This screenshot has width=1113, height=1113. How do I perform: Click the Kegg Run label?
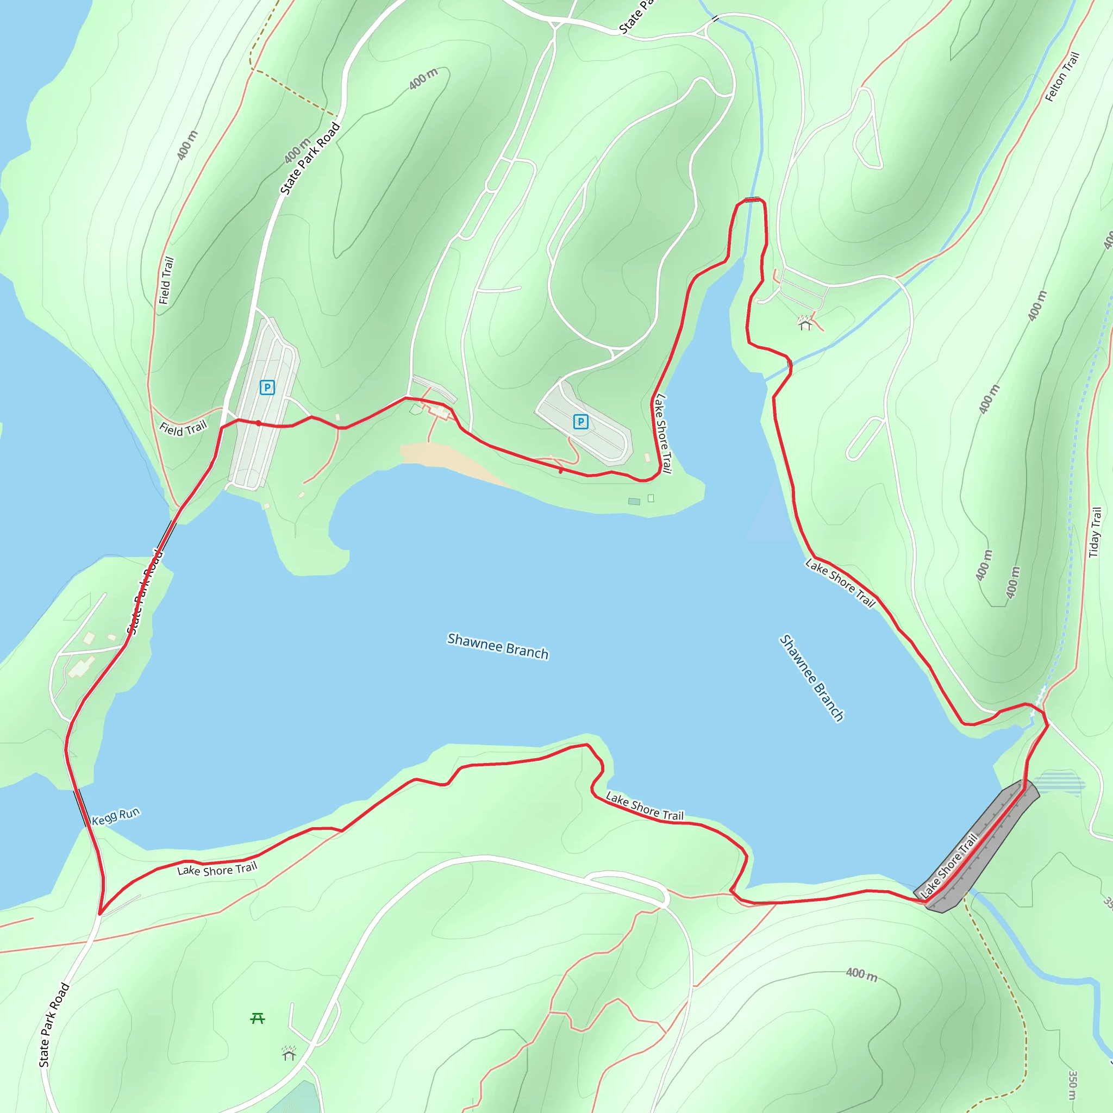point(116,816)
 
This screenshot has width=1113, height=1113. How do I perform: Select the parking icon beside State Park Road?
point(267,387)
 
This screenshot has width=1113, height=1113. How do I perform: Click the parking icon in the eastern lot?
point(581,422)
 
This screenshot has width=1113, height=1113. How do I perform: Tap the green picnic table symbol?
point(258,1018)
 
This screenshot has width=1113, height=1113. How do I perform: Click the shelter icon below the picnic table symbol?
point(289,1053)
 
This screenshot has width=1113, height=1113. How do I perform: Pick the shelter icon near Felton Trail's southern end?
point(805,323)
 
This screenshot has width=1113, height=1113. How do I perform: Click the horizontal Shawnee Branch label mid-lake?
point(498,646)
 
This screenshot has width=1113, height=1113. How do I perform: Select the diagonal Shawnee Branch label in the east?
point(812,678)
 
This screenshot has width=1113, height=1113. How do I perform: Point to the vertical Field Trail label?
point(166,280)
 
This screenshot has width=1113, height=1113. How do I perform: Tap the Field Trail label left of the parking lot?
point(183,428)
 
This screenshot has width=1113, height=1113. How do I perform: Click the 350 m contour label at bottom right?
point(1073,1084)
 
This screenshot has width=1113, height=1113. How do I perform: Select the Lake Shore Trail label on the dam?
point(949,865)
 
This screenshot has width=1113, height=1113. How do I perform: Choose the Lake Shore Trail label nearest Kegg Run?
point(217,869)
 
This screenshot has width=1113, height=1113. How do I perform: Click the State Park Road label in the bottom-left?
point(54,1024)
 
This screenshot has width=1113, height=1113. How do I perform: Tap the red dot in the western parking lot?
point(259,423)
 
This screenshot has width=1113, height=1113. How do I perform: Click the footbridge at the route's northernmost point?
point(752,200)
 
